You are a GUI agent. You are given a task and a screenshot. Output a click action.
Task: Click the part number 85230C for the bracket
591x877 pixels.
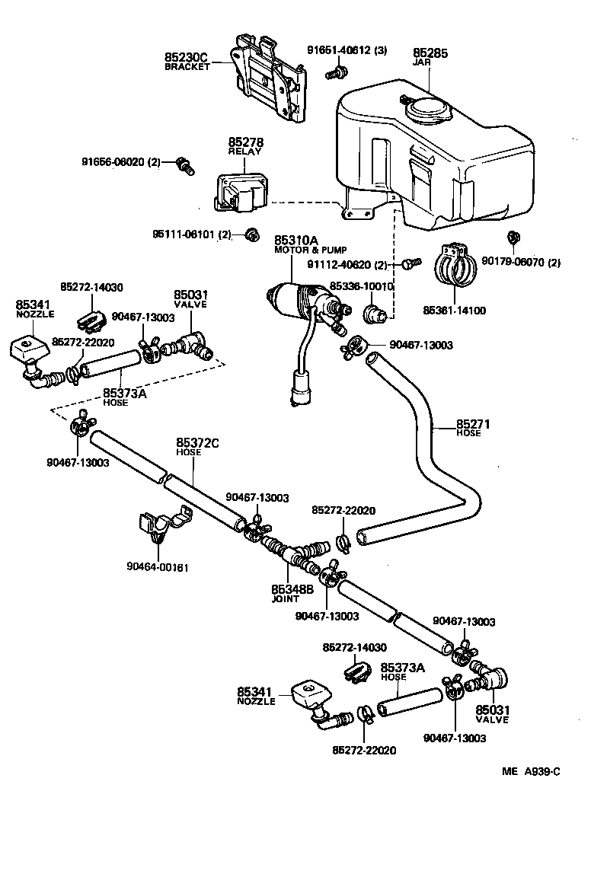coord(186,57)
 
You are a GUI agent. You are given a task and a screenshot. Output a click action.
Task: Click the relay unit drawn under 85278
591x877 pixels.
coord(240,193)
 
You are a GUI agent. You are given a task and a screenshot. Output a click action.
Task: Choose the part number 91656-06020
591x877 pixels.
coord(121,161)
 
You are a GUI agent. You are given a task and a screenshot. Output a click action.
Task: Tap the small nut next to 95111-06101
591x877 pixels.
coord(249,234)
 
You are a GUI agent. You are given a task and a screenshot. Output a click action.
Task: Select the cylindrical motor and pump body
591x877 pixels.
coord(296,301)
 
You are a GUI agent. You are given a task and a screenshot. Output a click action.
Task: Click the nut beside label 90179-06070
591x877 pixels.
coord(513,238)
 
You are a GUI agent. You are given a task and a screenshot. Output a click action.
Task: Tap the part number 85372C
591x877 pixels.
coord(197,442)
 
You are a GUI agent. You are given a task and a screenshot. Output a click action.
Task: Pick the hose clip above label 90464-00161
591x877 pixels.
coord(161,526)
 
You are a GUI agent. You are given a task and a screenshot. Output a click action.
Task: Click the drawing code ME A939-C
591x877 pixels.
coord(531,771)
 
